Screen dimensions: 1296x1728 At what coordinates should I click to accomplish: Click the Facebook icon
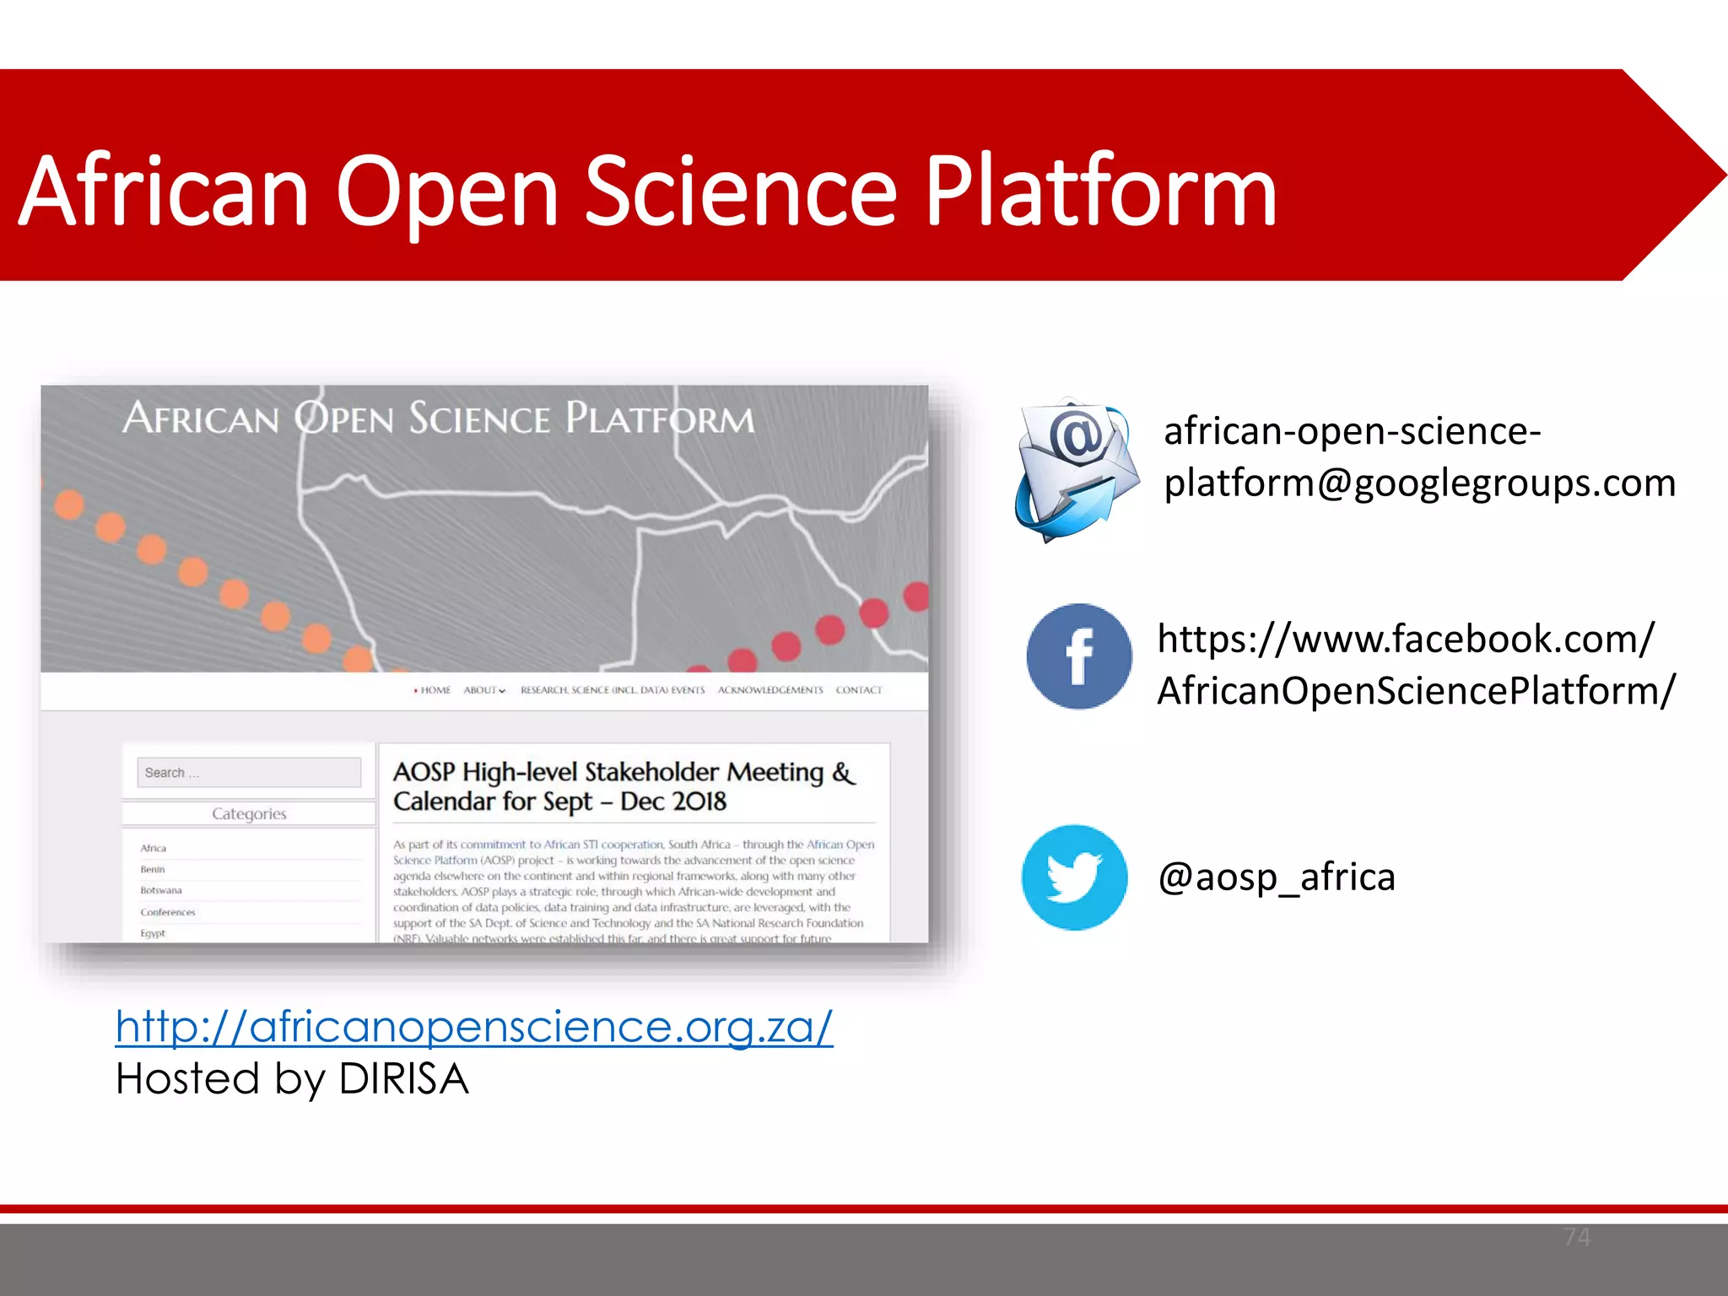(x=1079, y=656)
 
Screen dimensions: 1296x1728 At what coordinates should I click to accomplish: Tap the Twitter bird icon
(x=1074, y=877)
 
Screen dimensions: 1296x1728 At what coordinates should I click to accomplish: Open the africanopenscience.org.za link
(x=474, y=1027)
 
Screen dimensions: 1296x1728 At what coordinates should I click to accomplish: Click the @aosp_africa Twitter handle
(x=1277, y=877)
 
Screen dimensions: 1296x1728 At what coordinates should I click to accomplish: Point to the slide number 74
(x=1576, y=1237)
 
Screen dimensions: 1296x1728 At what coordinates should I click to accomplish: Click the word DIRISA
(x=403, y=1079)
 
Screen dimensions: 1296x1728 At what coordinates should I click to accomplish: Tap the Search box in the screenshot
(x=249, y=772)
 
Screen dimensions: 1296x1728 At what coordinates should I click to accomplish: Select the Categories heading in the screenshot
(x=249, y=813)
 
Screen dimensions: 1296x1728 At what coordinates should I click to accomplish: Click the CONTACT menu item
(x=859, y=690)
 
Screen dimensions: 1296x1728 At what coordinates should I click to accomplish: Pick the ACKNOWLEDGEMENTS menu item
(x=770, y=690)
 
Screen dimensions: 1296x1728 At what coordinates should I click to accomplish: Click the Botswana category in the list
(x=161, y=890)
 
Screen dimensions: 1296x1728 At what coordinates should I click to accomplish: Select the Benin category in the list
(x=153, y=869)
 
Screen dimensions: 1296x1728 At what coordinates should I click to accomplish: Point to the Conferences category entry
(x=168, y=912)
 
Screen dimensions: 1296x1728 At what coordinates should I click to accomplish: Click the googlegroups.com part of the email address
(x=1515, y=483)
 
